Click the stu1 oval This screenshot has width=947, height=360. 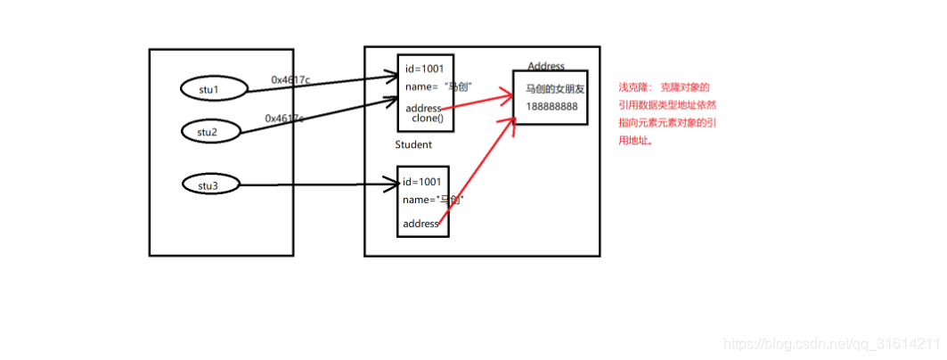pyautogui.click(x=208, y=88)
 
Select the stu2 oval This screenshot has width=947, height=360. pyautogui.click(x=208, y=132)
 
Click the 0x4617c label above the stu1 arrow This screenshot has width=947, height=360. pyautogui.click(x=290, y=80)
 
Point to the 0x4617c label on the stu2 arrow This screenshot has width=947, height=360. pyautogui.click(x=284, y=118)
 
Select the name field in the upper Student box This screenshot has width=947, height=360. pyautogui.click(x=437, y=86)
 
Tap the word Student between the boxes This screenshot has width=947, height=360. pyautogui.click(x=413, y=144)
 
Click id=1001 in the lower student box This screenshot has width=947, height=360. pyautogui.click(x=422, y=182)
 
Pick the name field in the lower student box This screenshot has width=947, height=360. pyautogui.click(x=433, y=200)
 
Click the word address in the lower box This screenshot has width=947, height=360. pyautogui.click(x=420, y=224)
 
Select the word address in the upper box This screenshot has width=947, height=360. pyautogui.click(x=423, y=108)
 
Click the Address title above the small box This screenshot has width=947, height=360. pyautogui.click(x=546, y=66)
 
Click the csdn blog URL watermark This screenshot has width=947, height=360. pyautogui.click(x=830, y=343)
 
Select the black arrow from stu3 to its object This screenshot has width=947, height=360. pyautogui.click(x=321, y=185)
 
